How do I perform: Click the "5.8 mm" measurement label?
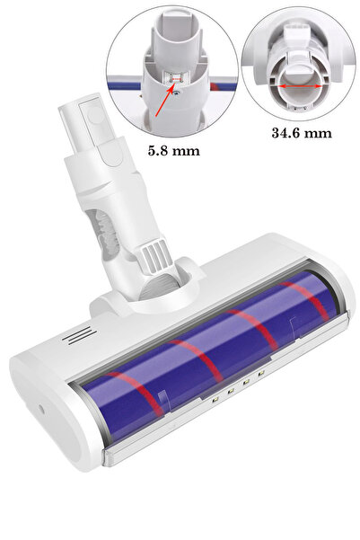174,151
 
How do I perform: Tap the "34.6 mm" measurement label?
302,133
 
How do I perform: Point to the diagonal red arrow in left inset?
165,100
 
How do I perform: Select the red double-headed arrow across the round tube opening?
301,86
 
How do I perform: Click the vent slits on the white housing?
80,336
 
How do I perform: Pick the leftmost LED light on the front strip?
215,399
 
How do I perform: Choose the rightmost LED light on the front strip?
260,374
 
